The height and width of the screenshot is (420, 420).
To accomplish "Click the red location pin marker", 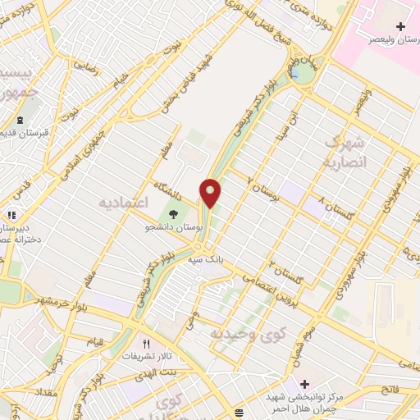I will pyautogui.click(x=211, y=193).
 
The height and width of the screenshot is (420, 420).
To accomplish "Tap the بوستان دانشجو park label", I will pyautogui.click(x=171, y=224).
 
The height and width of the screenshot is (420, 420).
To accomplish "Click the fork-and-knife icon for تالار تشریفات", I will pyautogui.click(x=147, y=345).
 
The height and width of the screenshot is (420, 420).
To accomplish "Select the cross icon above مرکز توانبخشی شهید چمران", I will pyautogui.click(x=304, y=383).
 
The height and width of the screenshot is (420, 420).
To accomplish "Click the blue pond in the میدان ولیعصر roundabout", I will pyautogui.click(x=295, y=73).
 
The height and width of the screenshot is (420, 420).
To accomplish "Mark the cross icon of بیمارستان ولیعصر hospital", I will pyautogui.click(x=401, y=27).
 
